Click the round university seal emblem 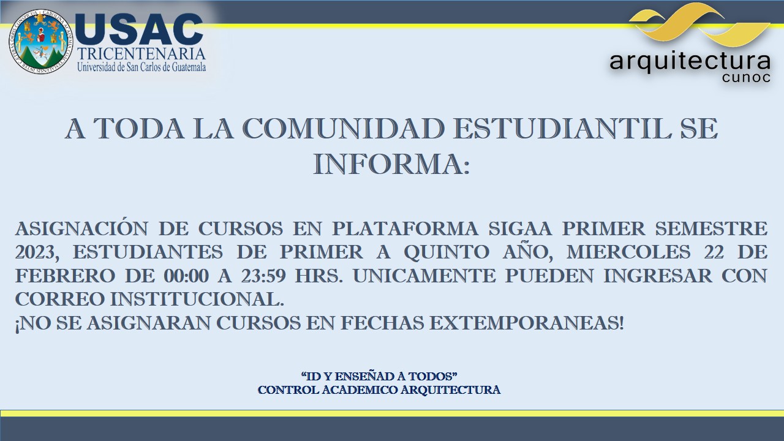tap(41, 42)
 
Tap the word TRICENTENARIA tap(141, 54)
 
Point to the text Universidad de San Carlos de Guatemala tap(141, 67)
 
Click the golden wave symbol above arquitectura tap(699, 25)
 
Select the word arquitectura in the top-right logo tap(690, 62)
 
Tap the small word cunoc tap(746, 77)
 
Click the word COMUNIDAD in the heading tap(343, 129)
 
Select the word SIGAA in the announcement tap(520, 228)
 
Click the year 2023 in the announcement tap(37, 252)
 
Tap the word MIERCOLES tap(628, 252)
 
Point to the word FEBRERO tap(65, 276)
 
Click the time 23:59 tap(263, 276)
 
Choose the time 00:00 tap(187, 276)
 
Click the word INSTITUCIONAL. tap(197, 300)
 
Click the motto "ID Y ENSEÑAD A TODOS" tap(379, 377)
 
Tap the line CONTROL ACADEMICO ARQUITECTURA tap(379, 390)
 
